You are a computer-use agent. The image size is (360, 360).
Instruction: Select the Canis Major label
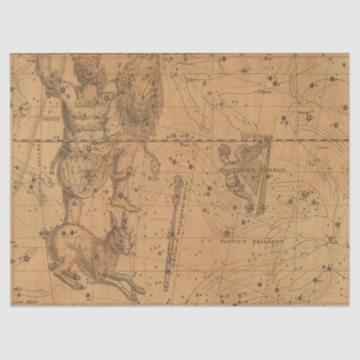click(x=23, y=303)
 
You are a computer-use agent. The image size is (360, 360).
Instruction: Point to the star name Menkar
click(x=305, y=112)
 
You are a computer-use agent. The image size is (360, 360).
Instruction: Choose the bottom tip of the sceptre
click(x=166, y=289)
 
